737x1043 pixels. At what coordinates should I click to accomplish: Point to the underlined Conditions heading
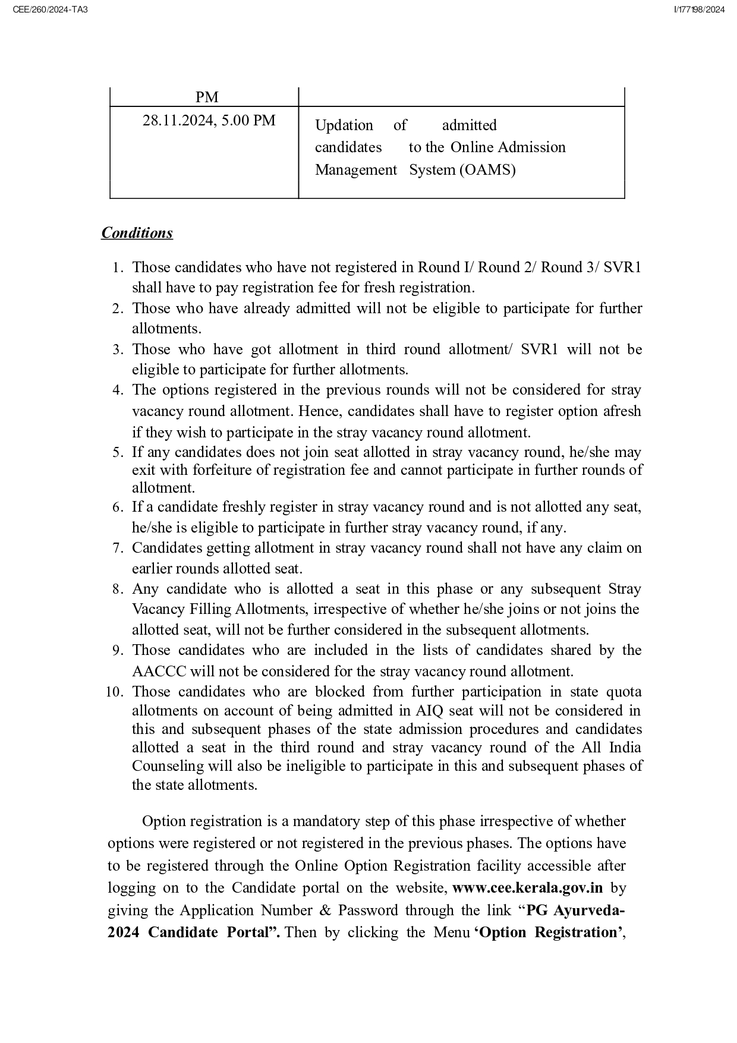point(137,233)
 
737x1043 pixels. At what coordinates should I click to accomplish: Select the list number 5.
point(118,452)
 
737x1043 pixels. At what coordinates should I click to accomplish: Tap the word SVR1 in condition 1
point(622,267)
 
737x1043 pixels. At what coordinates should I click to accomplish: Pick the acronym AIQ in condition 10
point(432,711)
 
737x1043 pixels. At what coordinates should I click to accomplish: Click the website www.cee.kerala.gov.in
point(527,888)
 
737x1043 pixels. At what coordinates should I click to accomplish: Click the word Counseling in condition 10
point(168,766)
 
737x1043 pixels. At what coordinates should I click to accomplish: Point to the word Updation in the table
point(344,125)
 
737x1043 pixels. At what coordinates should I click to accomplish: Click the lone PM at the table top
point(207,97)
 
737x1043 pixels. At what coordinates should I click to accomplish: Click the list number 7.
point(118,548)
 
